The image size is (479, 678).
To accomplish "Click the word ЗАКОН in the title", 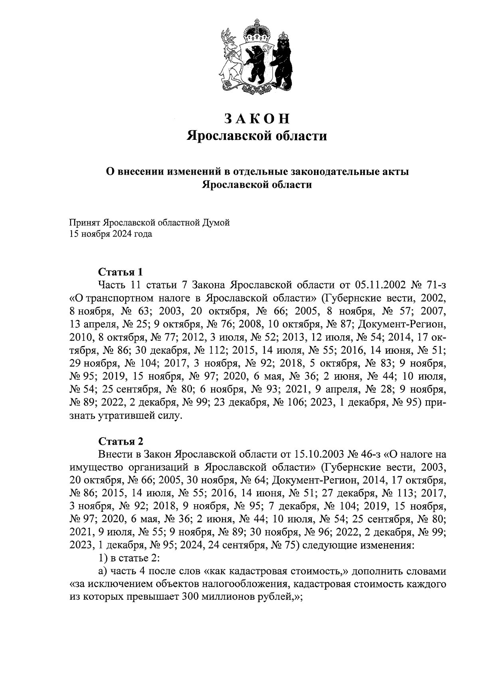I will coord(256,119).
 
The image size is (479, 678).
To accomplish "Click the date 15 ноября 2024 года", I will coord(111,234).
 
